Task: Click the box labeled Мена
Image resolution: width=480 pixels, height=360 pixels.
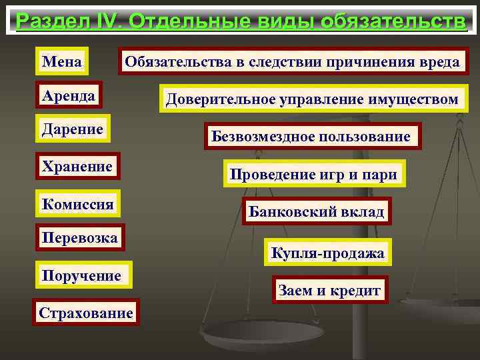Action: (62, 62)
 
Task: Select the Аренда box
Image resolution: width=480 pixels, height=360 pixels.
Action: (67, 96)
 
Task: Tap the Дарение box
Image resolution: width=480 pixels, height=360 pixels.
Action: (72, 129)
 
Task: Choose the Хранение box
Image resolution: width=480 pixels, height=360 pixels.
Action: (76, 166)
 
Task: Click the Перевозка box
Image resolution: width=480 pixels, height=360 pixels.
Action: (79, 237)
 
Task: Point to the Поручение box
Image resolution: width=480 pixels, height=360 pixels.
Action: (81, 275)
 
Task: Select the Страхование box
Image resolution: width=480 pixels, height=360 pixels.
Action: (86, 312)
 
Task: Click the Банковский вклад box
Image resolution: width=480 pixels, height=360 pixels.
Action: (317, 212)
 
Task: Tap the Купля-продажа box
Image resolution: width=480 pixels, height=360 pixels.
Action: (327, 253)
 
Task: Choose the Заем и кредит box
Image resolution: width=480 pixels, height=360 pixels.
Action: (329, 291)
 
